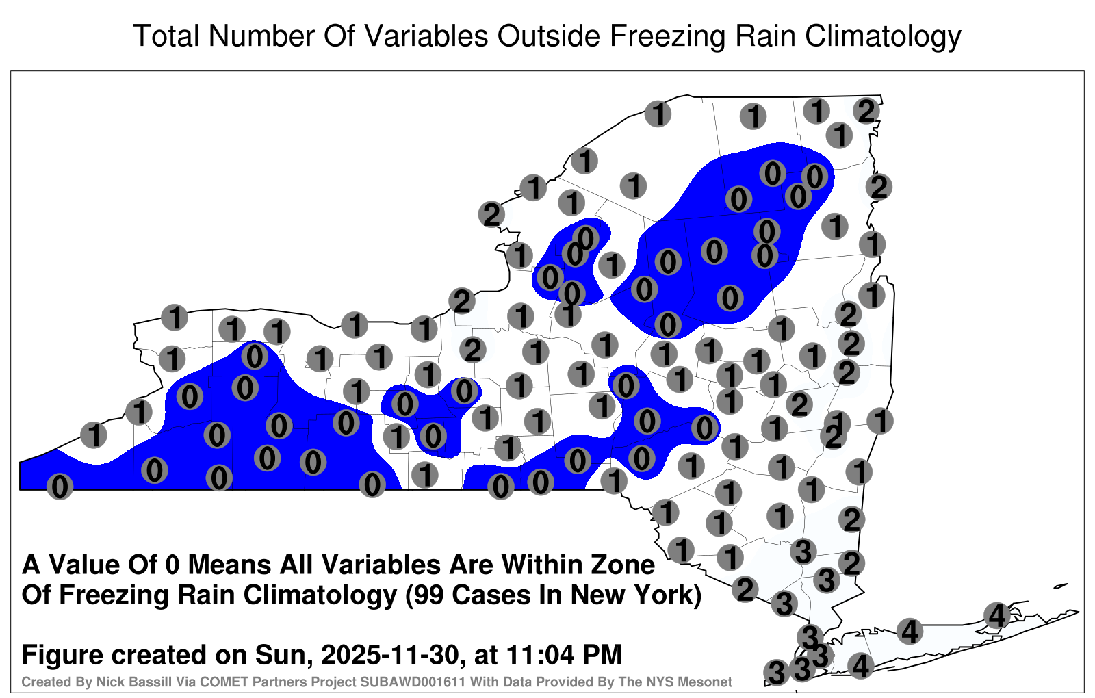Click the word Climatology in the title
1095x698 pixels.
point(883,37)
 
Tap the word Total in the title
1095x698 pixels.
point(166,36)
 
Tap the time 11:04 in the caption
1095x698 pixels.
point(540,655)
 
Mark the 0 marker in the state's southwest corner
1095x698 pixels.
point(60,487)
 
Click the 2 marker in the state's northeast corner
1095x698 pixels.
point(866,112)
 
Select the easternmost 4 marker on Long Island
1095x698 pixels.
point(996,615)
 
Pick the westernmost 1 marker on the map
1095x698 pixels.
point(94,435)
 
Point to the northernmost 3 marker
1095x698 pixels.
point(803,552)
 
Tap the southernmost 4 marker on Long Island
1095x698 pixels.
point(860,666)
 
